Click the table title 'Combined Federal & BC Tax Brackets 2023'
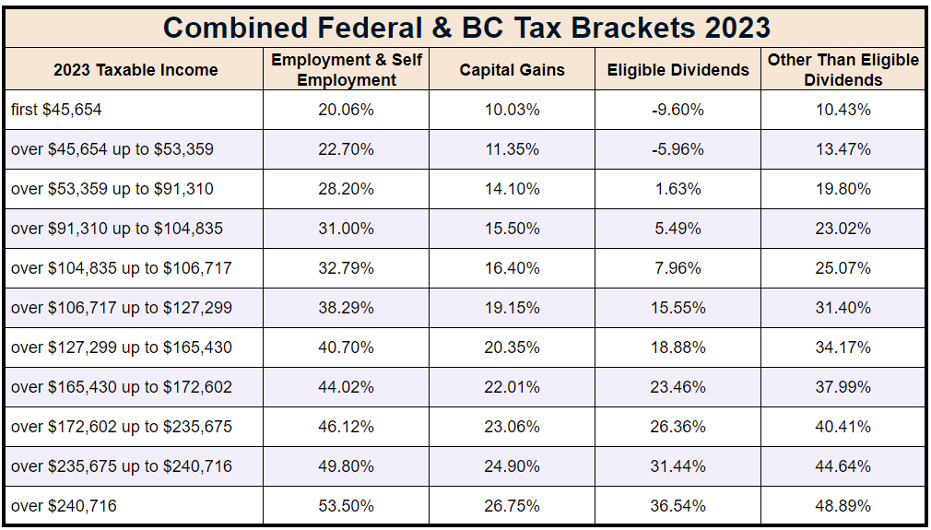(465, 27)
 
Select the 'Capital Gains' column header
(512, 70)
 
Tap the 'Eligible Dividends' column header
(678, 70)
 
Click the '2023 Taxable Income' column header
(136, 70)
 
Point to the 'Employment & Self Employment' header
(347, 70)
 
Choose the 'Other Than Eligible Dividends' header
(843, 70)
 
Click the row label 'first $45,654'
(57, 110)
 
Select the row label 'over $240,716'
(65, 505)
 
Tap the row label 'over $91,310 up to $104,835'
(117, 229)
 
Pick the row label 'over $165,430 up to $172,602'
(122, 387)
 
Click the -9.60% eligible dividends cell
(678, 110)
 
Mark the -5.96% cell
(678, 149)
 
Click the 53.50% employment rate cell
(347, 505)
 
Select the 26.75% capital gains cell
(512, 505)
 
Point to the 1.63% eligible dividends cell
(678, 189)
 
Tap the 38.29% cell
(347, 308)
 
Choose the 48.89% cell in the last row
(843, 505)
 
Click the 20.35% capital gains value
(512, 347)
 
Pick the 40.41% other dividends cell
(843, 427)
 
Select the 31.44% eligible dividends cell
(678, 466)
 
